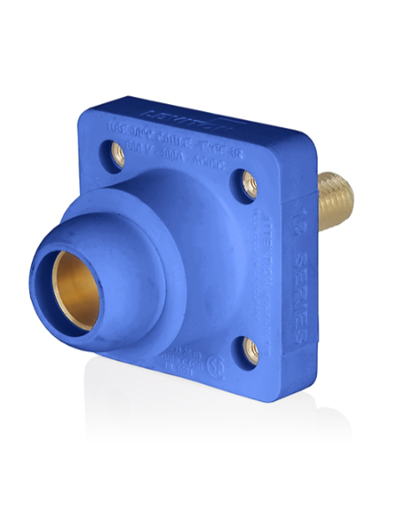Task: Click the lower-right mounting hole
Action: (252, 351)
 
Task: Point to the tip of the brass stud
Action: (351, 188)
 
